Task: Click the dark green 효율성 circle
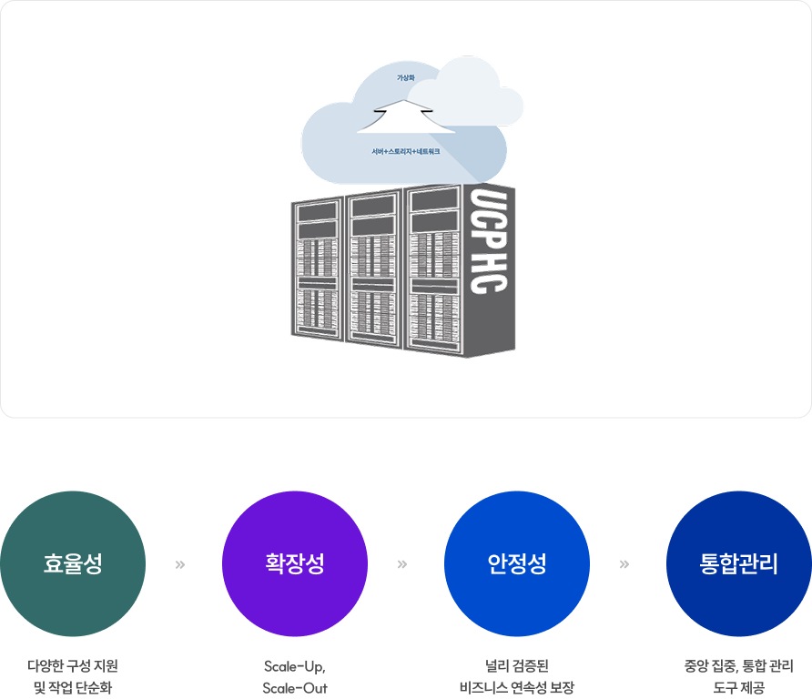[73, 563]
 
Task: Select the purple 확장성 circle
[295, 563]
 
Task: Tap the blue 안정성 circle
[517, 563]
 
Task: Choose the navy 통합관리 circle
[738, 563]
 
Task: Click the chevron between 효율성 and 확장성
[179, 564]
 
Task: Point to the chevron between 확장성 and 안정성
[401, 564]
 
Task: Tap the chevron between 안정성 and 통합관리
[624, 564]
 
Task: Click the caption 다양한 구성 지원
[73, 665]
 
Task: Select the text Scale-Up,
[294, 665]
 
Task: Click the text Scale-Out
[294, 687]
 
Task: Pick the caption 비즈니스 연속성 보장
[517, 687]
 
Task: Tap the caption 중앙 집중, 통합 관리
[738, 665]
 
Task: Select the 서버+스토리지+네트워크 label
[406, 151]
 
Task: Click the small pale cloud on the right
[473, 100]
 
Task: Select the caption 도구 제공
[738, 687]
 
